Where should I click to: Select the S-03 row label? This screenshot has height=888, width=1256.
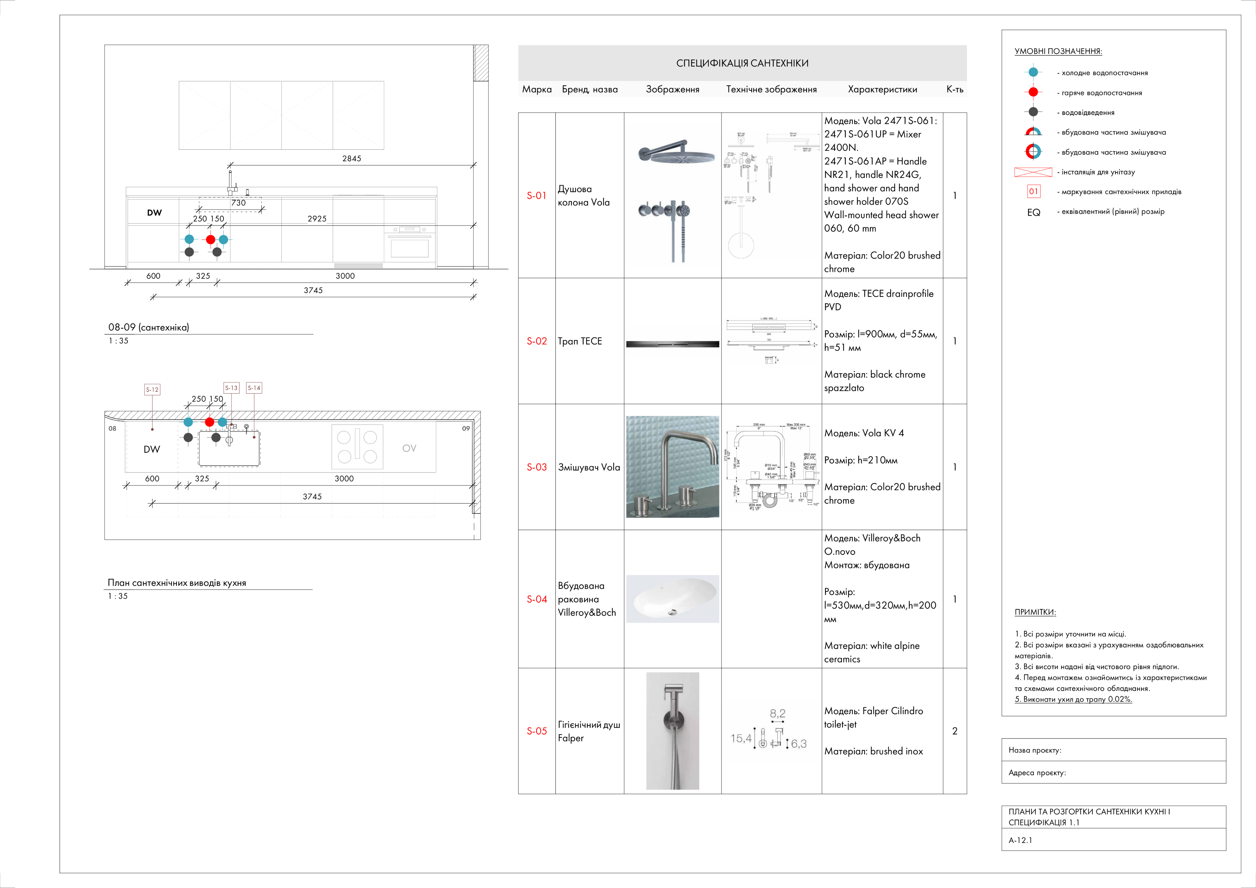[x=536, y=467]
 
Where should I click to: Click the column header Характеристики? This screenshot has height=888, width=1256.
[x=882, y=89]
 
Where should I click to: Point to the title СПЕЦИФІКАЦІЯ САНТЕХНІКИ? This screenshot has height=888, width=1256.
[x=742, y=63]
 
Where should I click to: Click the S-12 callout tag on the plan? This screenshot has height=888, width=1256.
[x=152, y=389]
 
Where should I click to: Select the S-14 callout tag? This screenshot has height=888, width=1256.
[x=254, y=388]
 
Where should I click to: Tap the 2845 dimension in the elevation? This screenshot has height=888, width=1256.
[x=351, y=158]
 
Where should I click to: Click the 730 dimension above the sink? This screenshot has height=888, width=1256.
[x=239, y=202]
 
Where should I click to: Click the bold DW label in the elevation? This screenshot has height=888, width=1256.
[x=154, y=213]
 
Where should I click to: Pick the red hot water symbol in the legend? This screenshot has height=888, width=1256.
[x=1033, y=92]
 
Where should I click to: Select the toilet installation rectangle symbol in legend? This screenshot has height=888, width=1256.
[x=1033, y=172]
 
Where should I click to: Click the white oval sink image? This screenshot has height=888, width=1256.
[x=672, y=599]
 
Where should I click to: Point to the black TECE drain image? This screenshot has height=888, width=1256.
[x=672, y=344]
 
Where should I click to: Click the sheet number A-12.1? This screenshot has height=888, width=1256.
[x=1020, y=840]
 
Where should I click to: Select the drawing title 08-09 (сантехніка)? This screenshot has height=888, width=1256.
[x=148, y=327]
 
